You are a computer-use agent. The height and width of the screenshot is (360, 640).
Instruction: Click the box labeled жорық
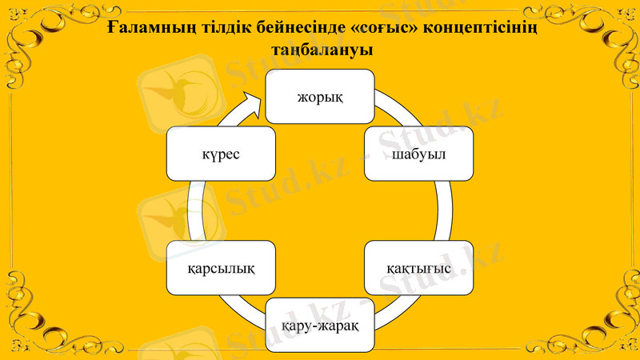pyautogui.click(x=320, y=96)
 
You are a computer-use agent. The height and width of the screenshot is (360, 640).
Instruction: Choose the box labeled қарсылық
pyautogui.click(x=222, y=267)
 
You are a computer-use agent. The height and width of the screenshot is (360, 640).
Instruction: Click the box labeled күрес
pyautogui.click(x=222, y=153)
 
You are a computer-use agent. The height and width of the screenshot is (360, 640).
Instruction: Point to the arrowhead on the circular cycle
pyautogui.click(x=252, y=102)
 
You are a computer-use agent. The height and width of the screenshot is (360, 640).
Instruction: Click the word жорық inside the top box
pyautogui.click(x=320, y=96)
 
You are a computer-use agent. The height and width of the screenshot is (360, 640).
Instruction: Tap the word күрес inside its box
pyautogui.click(x=222, y=153)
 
